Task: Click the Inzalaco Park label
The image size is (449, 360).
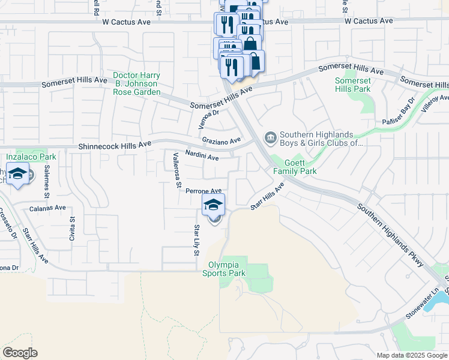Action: pyautogui.click(x=31, y=157)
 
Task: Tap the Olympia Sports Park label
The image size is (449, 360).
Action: pyautogui.click(x=227, y=269)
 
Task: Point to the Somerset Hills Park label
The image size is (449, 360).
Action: pyautogui.click(x=353, y=85)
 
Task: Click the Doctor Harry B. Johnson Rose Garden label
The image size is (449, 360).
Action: pyautogui.click(x=137, y=83)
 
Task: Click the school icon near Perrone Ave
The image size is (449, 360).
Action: pyautogui.click(x=213, y=205)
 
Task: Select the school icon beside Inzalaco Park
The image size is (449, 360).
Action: pyautogui.click(x=17, y=174)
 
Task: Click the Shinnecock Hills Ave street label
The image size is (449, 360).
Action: pyautogui.click(x=115, y=146)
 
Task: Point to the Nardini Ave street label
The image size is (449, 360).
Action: pyautogui.click(x=202, y=155)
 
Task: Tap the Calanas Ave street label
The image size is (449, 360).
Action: pyautogui.click(x=47, y=208)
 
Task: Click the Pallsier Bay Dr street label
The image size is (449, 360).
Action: pyautogui.click(x=399, y=112)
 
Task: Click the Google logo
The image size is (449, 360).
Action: pyautogui.click(x=20, y=353)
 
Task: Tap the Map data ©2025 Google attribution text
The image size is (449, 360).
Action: pyautogui.click(x=411, y=355)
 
